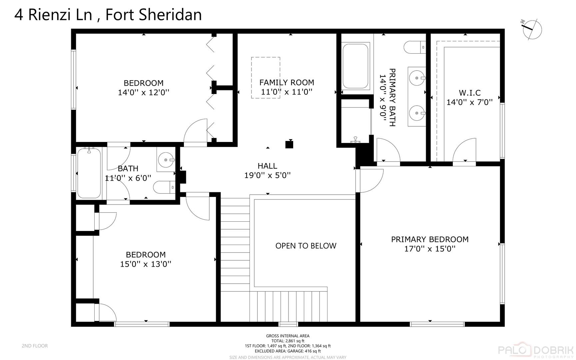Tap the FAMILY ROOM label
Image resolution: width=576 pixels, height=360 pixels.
point(287,82)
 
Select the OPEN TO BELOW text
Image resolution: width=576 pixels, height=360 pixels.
point(306,246)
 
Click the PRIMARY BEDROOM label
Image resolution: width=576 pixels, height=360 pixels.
point(430,239)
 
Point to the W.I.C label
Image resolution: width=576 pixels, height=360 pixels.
point(470,93)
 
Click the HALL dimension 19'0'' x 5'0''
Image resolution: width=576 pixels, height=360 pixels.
point(268,175)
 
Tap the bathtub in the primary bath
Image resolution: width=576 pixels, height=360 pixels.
point(355,66)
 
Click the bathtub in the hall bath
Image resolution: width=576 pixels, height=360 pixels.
point(89,173)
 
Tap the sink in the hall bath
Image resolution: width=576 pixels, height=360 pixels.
point(166,160)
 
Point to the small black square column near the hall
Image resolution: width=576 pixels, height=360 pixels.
point(289,145)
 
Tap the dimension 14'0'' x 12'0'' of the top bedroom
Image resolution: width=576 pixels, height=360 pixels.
point(144,92)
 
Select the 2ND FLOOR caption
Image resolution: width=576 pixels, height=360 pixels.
point(35,346)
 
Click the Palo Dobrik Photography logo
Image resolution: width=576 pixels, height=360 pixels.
point(535,350)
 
